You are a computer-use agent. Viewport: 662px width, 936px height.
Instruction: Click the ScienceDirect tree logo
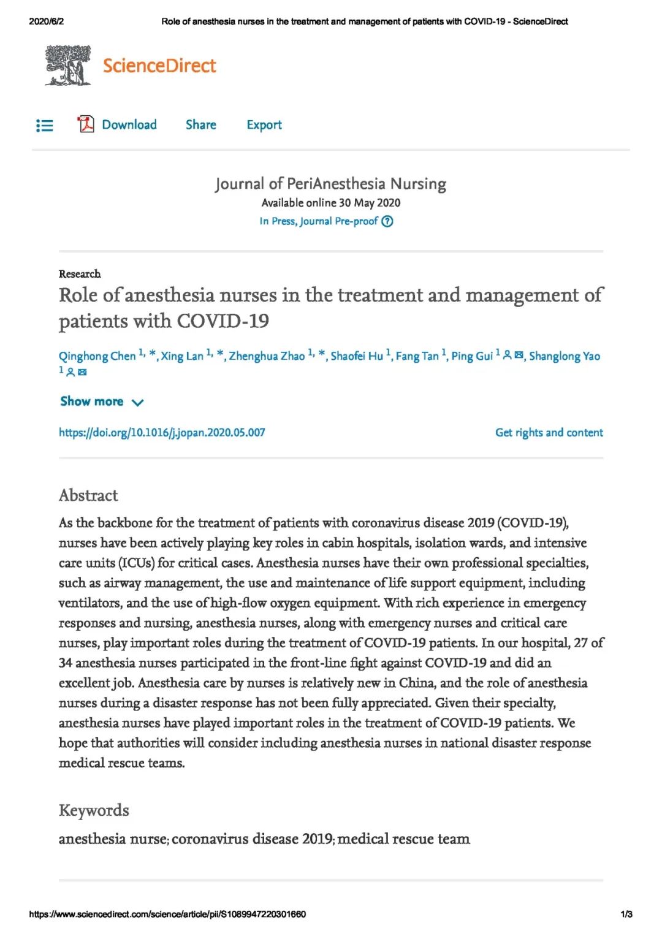click(67, 65)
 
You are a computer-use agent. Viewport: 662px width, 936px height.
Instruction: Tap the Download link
click(129, 125)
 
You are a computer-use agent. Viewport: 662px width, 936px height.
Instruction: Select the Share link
click(201, 125)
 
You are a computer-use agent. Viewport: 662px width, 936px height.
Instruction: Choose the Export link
click(264, 125)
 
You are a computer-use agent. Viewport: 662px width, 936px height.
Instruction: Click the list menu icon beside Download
click(45, 126)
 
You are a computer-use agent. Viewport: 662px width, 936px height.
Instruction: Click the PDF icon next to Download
click(86, 124)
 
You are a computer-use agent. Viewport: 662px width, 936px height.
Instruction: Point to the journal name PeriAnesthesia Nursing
click(330, 184)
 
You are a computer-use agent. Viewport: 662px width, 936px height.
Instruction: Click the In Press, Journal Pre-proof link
click(318, 221)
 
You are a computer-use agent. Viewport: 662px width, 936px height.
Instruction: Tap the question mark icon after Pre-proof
click(387, 221)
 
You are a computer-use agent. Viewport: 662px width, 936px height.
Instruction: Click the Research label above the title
click(80, 274)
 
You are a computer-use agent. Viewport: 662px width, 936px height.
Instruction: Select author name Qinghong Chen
click(97, 356)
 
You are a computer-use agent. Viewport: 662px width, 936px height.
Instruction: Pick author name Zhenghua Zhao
click(267, 356)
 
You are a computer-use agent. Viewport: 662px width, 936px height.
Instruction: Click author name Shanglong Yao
click(564, 356)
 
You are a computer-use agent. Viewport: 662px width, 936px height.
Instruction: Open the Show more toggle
click(102, 401)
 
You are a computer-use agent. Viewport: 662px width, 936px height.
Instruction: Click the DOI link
click(162, 433)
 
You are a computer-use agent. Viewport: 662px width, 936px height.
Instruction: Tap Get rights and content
click(549, 433)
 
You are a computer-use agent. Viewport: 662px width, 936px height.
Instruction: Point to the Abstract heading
click(88, 495)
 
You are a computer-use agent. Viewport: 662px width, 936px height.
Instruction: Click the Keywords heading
click(94, 810)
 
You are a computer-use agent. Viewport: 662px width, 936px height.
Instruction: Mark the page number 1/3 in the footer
click(626, 914)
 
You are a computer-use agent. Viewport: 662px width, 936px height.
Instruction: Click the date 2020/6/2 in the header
click(46, 21)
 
